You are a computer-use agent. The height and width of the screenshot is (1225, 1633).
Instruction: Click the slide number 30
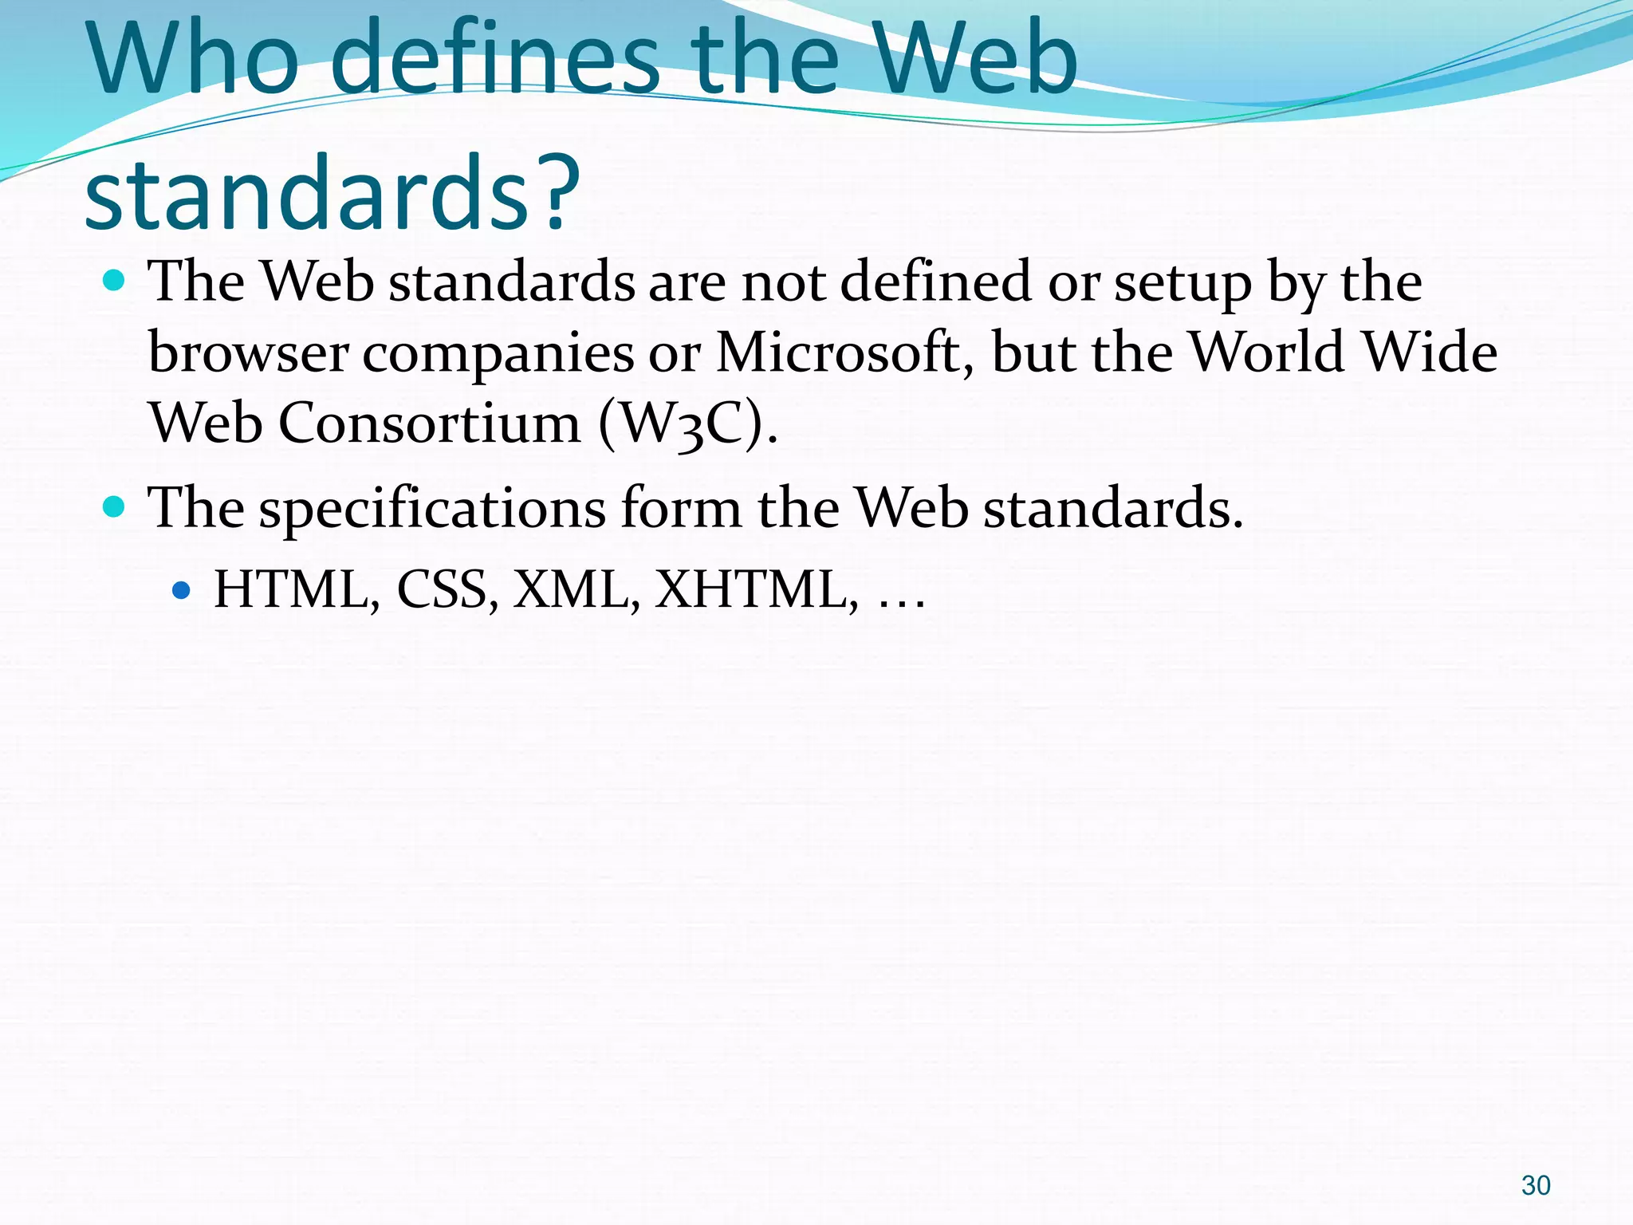pos(1535,1185)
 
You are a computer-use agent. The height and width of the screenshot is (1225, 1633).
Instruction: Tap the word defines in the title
pos(494,60)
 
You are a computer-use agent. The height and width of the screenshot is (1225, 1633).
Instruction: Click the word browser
pos(248,353)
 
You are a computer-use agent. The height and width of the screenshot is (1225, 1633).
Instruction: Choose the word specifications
pos(431,509)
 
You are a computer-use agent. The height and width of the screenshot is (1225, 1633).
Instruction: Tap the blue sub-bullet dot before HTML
pos(182,590)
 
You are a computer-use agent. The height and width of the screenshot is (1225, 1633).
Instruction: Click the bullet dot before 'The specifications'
pos(115,507)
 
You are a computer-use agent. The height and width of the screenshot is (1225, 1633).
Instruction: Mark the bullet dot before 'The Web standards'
pos(115,281)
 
